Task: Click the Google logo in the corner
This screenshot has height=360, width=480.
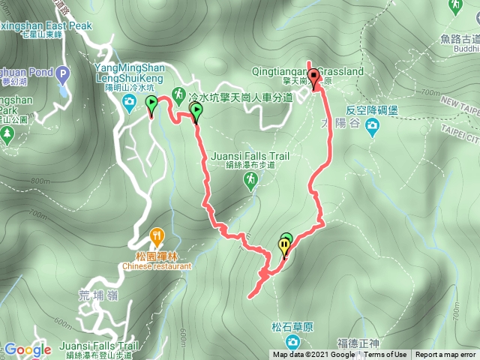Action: coord(28,349)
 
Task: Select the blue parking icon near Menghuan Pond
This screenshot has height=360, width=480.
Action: coord(62,74)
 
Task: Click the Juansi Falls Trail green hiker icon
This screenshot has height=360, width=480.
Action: coord(250,179)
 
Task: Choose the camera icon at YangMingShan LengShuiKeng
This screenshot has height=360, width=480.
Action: coord(130,100)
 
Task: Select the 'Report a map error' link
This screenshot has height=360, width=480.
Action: coord(445,355)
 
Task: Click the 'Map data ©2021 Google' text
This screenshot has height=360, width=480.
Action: coord(314,355)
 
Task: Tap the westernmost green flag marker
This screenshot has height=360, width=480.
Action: coord(151,104)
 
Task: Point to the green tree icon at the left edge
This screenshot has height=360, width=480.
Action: coord(7,135)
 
